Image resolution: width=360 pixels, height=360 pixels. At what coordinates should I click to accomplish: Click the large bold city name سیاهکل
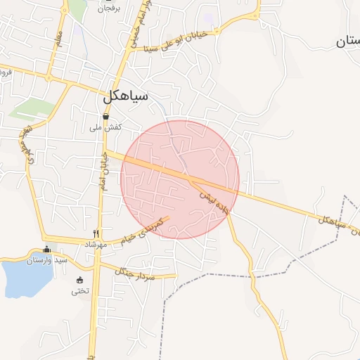pyautogui.click(x=126, y=97)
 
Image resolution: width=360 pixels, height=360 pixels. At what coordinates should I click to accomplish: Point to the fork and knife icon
pyautogui.click(x=96, y=233)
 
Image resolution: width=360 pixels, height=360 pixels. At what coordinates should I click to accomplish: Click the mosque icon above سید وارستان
pyautogui.click(x=47, y=250)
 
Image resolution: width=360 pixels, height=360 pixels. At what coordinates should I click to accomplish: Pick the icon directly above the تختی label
pyautogui.click(x=79, y=281)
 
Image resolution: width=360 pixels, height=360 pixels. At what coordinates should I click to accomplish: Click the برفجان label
pyautogui.click(x=108, y=8)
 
